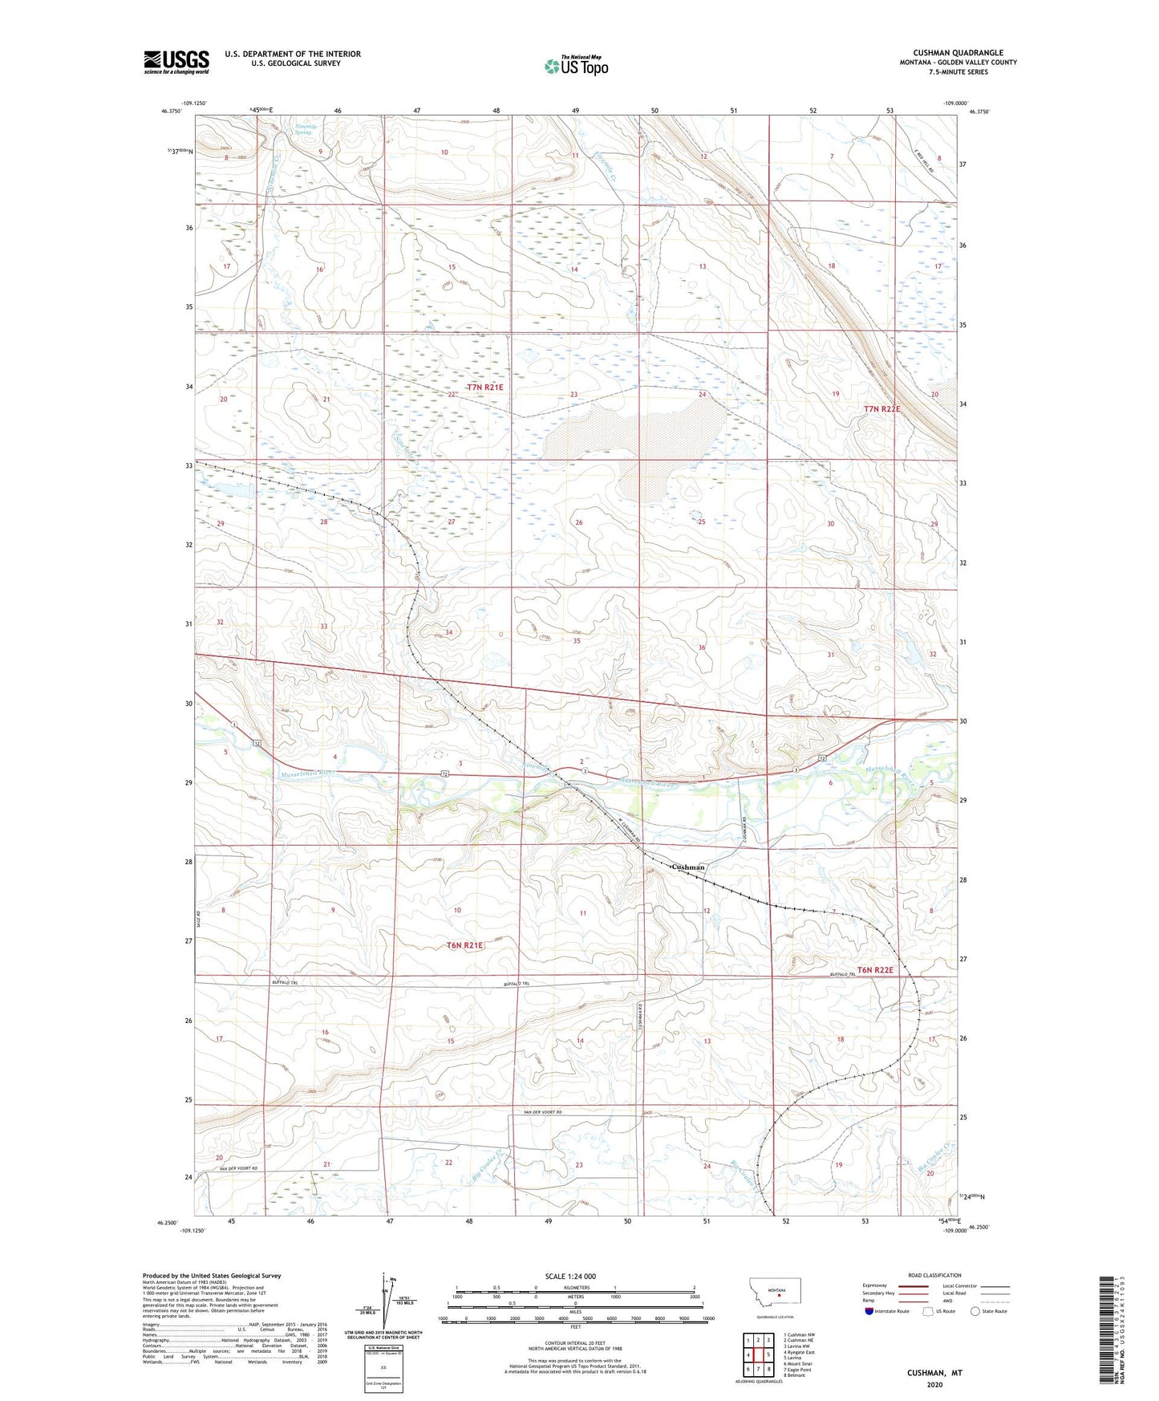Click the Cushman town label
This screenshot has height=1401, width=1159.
687,867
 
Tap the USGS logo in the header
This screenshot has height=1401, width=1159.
176,62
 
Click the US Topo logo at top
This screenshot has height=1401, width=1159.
576,67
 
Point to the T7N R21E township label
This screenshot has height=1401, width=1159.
484,387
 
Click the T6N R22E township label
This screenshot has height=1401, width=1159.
874,970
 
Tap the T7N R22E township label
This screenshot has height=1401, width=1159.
881,409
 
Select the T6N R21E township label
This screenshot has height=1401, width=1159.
465,945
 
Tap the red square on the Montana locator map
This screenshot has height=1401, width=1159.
778,1293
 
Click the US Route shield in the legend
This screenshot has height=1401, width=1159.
929,1311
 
